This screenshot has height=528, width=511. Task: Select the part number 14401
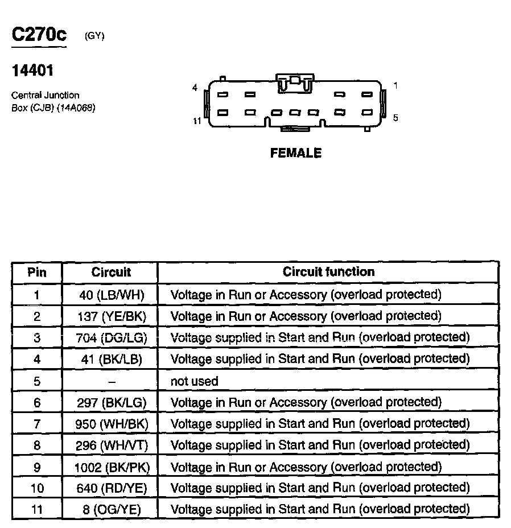pos(32,71)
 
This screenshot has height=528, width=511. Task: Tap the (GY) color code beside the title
pos(94,36)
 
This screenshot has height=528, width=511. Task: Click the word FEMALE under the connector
pos(296,153)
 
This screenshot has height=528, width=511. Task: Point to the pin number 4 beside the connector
pos(195,88)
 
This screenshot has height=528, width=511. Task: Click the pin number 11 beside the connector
pos(197,121)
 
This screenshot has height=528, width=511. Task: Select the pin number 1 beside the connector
pos(395,85)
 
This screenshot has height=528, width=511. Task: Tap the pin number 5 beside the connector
pos(395,118)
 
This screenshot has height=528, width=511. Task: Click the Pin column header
pos(37,273)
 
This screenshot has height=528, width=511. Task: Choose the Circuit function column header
pos(328,272)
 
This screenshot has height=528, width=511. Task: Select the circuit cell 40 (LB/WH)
pos(112,295)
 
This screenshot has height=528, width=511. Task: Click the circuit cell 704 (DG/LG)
pos(112,338)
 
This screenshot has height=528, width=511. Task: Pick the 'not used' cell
pos(194,381)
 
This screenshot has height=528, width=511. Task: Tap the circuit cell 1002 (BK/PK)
pos(112,467)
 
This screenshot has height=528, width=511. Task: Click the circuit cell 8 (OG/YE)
pos(112,509)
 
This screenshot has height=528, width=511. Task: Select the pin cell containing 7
pos(37,424)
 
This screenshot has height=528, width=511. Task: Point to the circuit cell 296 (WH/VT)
pos(112,445)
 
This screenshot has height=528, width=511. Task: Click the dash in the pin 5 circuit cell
pos(112,381)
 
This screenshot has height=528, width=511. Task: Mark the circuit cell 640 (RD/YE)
pos(112,488)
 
